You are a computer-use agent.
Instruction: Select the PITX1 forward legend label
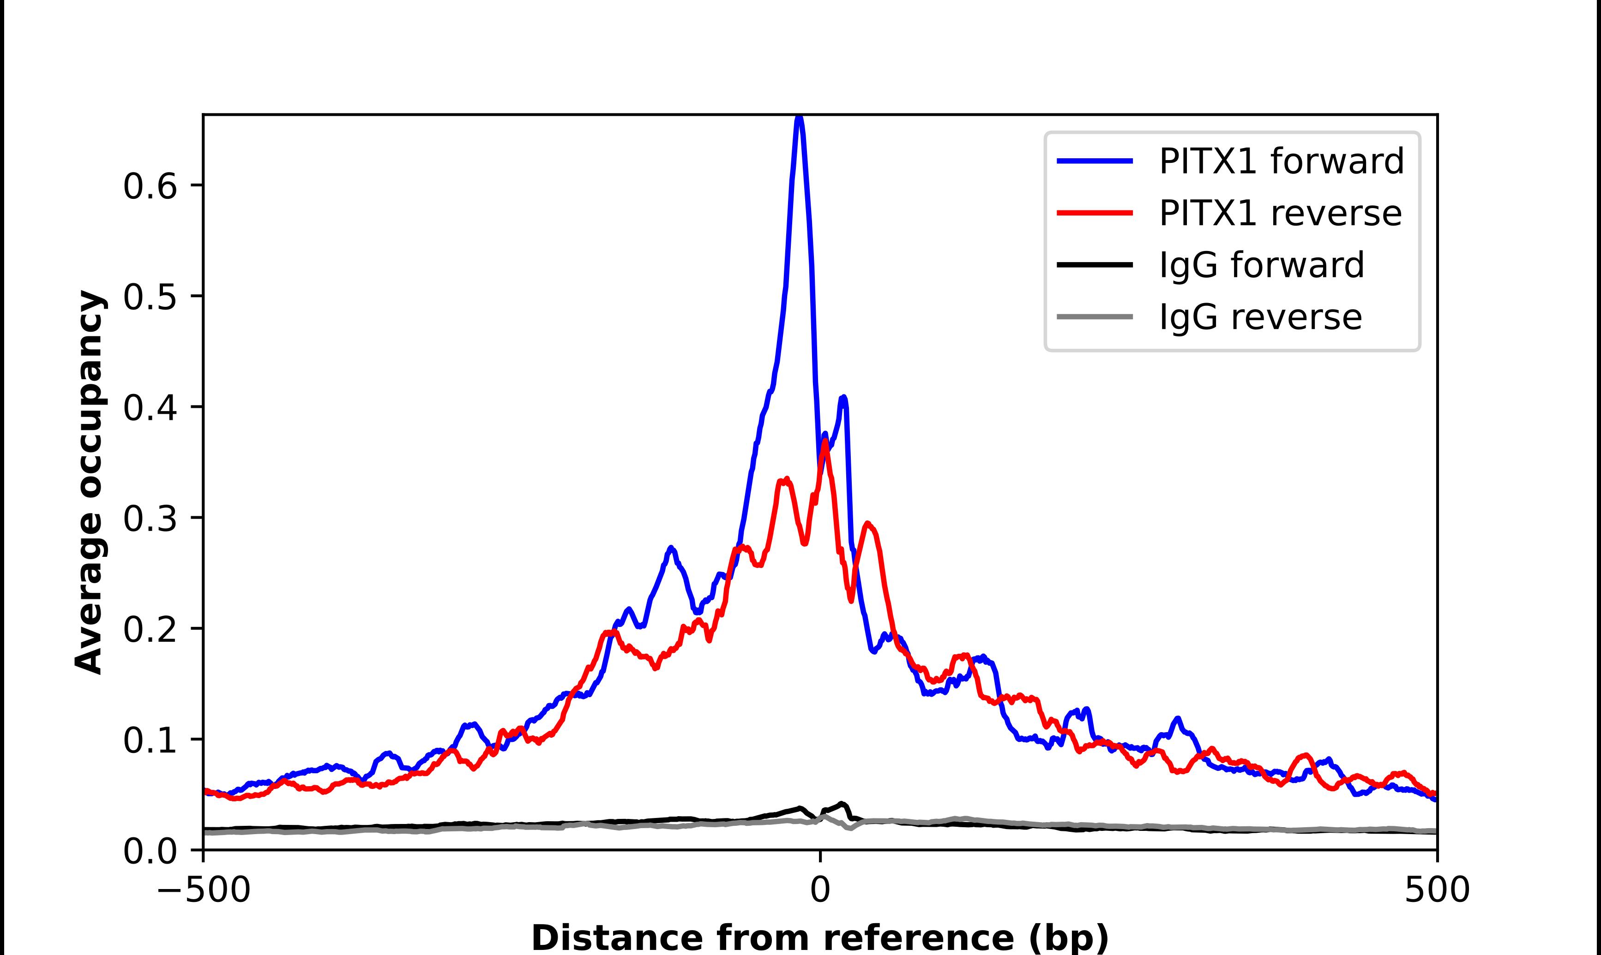click(1281, 161)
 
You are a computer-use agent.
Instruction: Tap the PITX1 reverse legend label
click(1280, 213)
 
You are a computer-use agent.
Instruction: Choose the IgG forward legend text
click(1261, 265)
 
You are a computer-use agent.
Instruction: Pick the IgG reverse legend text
click(1260, 317)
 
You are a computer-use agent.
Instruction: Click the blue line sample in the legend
click(1095, 161)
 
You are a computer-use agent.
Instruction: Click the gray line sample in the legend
click(1095, 316)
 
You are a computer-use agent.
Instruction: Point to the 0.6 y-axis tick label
click(150, 187)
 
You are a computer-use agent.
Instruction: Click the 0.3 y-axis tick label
click(150, 519)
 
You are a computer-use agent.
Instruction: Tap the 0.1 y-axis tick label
click(150, 741)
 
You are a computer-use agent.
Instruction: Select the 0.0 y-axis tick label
click(150, 851)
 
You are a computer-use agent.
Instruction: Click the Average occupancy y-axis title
click(89, 483)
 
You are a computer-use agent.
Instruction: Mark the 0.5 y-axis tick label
click(150, 297)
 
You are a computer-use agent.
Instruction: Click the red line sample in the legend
click(1095, 212)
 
